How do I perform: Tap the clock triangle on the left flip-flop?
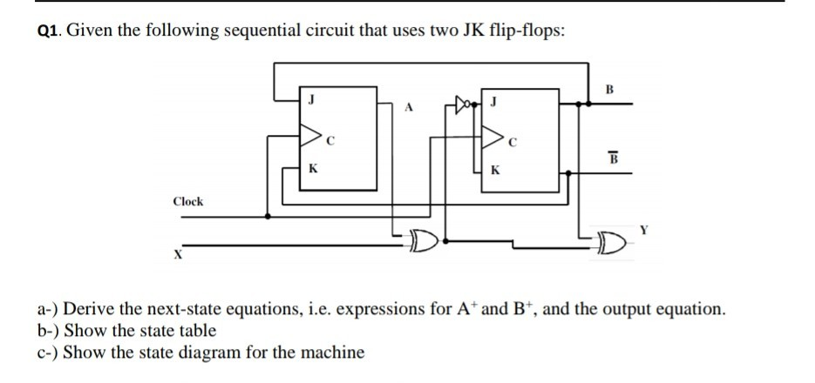pos(310,135)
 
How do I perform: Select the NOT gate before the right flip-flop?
pos(463,104)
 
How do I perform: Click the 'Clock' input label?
pos(188,201)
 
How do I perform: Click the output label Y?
pos(644,231)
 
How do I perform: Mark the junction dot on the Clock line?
pos(268,216)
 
